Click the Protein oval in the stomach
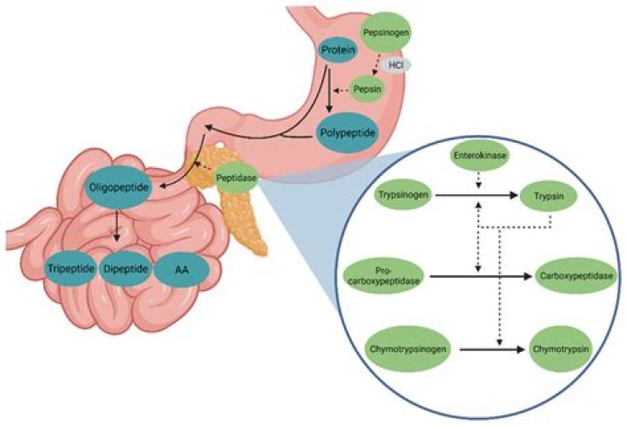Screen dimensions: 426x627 pos(338,51)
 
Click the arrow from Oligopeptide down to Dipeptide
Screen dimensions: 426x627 pos(117,229)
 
